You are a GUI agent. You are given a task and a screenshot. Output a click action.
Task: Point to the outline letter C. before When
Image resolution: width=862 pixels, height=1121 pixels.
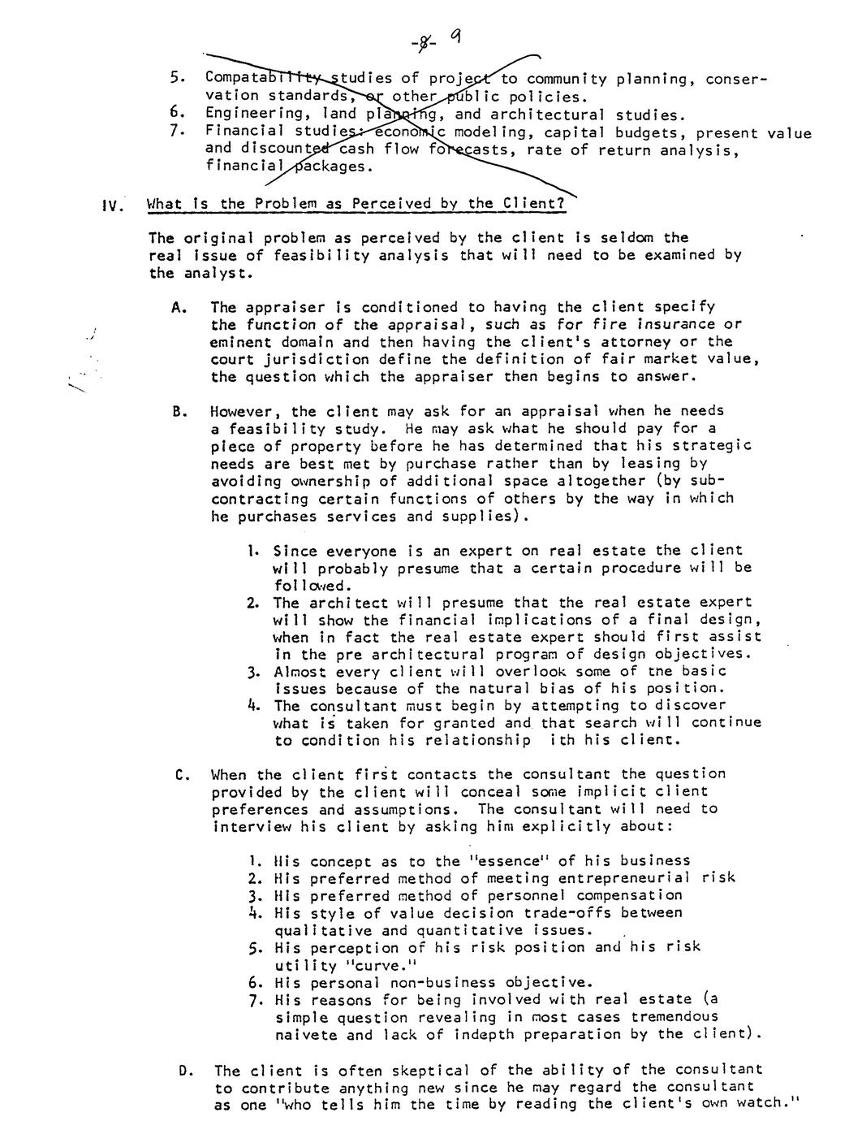182,775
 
